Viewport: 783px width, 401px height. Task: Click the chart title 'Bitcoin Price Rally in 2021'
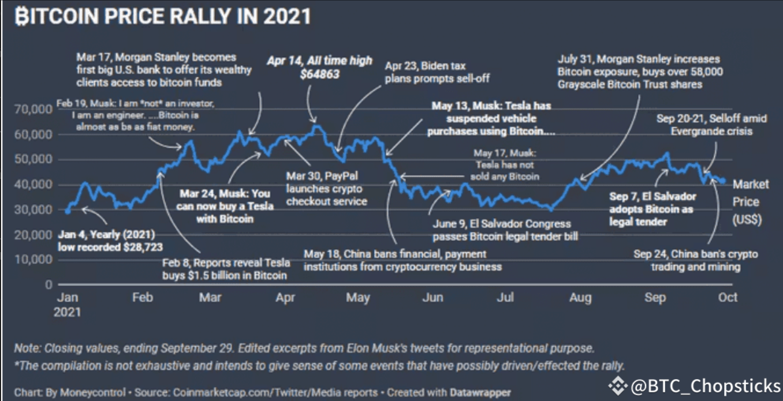point(163,16)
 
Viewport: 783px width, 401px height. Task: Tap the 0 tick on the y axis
point(49,284)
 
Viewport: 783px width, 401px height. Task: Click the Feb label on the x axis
point(142,298)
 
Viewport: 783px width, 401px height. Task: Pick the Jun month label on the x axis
point(432,298)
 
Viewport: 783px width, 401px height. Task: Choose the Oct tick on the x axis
point(728,298)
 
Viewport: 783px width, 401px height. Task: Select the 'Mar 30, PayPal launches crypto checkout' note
point(327,188)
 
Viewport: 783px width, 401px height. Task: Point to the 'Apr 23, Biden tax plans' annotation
point(425,73)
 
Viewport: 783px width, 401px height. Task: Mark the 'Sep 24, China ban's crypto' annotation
point(695,260)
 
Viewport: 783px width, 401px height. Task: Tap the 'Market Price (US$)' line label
point(751,202)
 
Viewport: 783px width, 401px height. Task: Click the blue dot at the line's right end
point(724,181)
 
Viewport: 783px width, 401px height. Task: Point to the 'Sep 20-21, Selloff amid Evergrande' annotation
point(711,125)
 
